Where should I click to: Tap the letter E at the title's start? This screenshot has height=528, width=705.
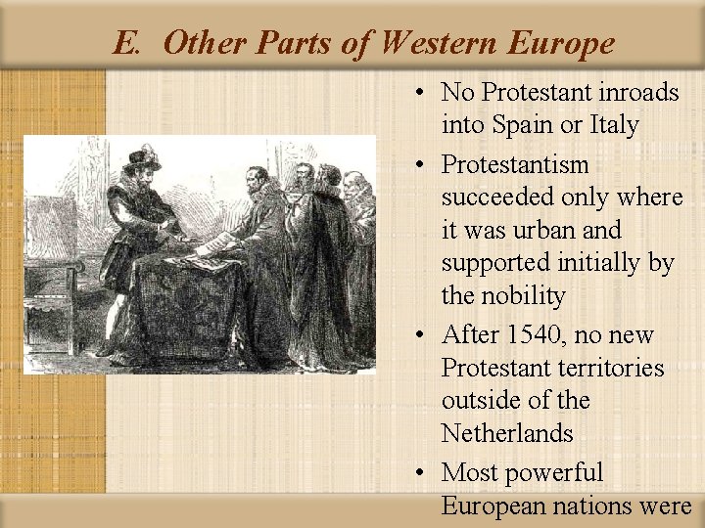tap(123, 43)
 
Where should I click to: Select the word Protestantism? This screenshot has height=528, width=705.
tap(515, 164)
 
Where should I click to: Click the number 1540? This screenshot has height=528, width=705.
tap(527, 335)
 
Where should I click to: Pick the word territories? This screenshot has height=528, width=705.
tap(608, 369)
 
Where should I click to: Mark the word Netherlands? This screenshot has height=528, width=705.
tap(506, 433)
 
